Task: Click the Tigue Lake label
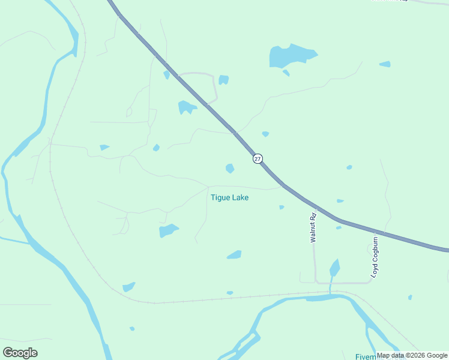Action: point(229,197)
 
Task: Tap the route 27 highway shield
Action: point(258,158)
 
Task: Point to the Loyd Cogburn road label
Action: point(375,257)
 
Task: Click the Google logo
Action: point(20,353)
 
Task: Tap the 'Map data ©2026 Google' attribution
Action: point(412,355)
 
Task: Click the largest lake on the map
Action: point(291,56)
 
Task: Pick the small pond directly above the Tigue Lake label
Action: point(229,169)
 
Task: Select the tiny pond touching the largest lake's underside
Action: point(286,73)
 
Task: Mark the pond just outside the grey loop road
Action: point(223,79)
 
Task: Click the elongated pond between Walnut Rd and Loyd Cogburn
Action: point(334,268)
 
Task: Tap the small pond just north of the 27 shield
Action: point(265,134)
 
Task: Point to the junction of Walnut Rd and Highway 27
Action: point(316,207)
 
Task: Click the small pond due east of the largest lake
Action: point(385,64)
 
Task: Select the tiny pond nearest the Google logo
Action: point(132,328)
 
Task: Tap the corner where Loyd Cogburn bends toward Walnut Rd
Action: point(369,281)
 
